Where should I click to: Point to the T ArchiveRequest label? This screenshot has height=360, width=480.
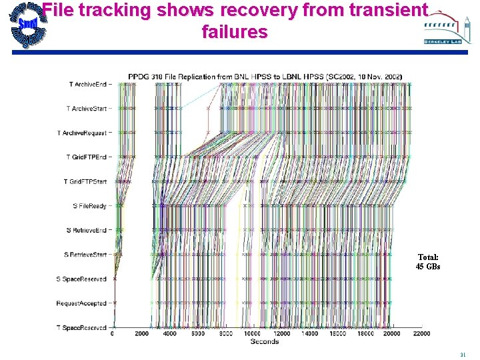[82, 133]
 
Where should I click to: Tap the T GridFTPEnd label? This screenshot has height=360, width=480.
[87, 157]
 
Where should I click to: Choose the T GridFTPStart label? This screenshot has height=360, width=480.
[85, 181]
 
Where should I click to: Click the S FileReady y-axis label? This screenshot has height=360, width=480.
[90, 206]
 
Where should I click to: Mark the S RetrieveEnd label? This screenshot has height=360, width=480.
[87, 230]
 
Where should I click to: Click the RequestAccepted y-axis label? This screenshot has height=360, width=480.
[81, 303]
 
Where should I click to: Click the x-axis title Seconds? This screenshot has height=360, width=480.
[264, 342]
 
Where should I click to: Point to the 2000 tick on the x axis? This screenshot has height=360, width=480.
[141, 334]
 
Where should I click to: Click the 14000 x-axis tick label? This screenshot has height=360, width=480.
[310, 334]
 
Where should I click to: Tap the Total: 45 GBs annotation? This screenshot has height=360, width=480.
[428, 262]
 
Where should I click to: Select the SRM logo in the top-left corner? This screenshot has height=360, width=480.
[27, 25]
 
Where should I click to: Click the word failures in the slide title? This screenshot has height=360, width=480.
[234, 31]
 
